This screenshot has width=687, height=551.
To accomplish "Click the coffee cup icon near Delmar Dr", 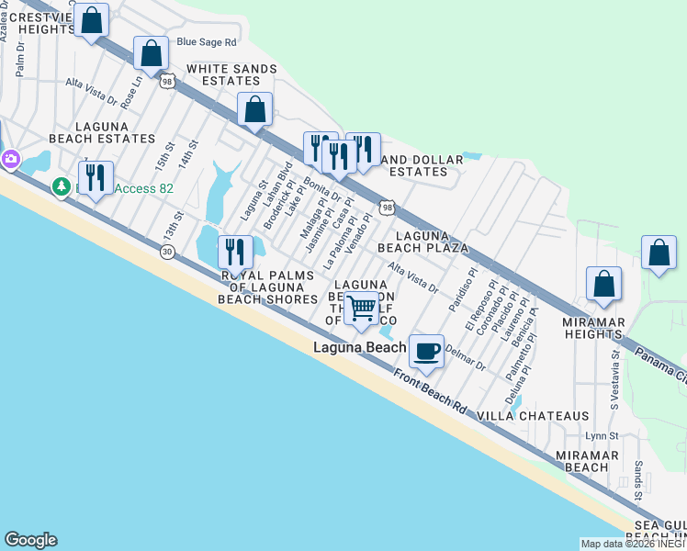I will click(x=425, y=352).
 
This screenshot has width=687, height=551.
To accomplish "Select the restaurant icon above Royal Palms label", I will click(x=235, y=252).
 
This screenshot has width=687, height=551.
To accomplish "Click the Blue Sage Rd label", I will click(x=207, y=41).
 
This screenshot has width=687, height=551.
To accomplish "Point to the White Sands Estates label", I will click(x=224, y=74).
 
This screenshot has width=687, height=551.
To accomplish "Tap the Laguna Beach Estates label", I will click(x=102, y=131).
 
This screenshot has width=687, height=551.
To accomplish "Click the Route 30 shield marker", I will click(x=167, y=252).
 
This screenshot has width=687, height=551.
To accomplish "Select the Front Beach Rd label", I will click(x=431, y=391).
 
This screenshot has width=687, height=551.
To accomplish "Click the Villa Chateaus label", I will click(x=533, y=416).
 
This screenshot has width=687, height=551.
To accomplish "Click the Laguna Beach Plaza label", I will click(x=432, y=242).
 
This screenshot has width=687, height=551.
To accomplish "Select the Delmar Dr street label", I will click(x=465, y=356).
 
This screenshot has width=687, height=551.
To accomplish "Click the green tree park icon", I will click(x=62, y=186).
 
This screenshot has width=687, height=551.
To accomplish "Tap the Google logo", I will click(x=30, y=540).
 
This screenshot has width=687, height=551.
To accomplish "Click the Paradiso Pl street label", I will click(x=464, y=290).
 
